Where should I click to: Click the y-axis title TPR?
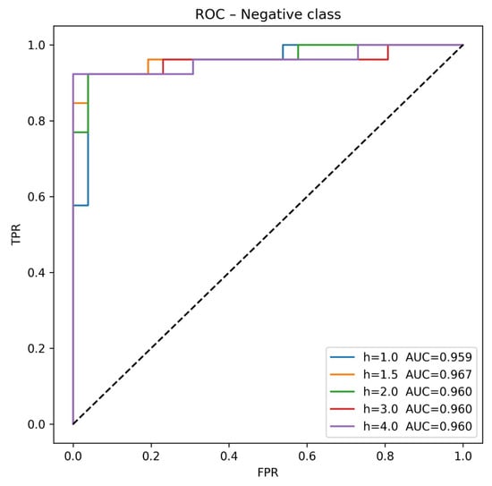click(x=14, y=234)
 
